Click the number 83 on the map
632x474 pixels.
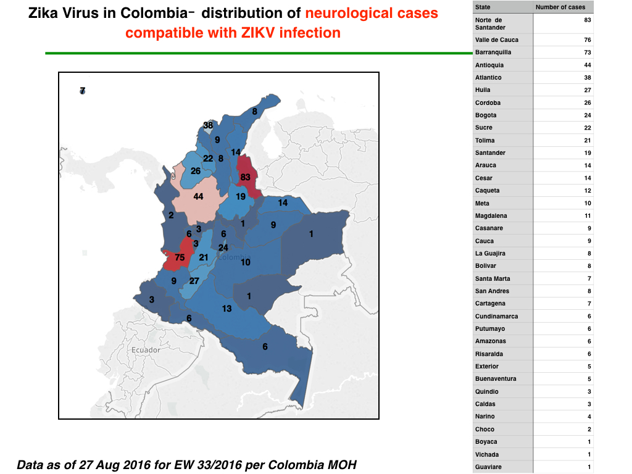[x=245, y=177]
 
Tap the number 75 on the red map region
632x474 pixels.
[x=180, y=257]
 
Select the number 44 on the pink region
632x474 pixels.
[x=198, y=197]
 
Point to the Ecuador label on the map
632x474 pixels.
[x=146, y=350]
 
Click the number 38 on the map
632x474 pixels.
[x=208, y=125]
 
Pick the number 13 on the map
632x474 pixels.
[x=227, y=309]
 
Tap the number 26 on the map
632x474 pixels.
[x=196, y=171]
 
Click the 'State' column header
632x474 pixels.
[x=483, y=7]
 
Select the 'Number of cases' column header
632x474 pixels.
[x=560, y=7]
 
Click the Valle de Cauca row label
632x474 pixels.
[x=497, y=40]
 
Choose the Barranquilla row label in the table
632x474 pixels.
[x=493, y=52]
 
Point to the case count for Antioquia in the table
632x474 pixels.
[x=588, y=65]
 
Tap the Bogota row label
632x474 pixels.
[x=486, y=115]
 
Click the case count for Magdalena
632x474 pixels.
[x=588, y=215]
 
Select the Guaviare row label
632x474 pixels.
[x=489, y=467]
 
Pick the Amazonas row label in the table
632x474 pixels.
[x=491, y=341]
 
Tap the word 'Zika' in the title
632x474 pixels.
[x=43, y=13]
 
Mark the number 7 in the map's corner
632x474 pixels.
[x=83, y=91]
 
